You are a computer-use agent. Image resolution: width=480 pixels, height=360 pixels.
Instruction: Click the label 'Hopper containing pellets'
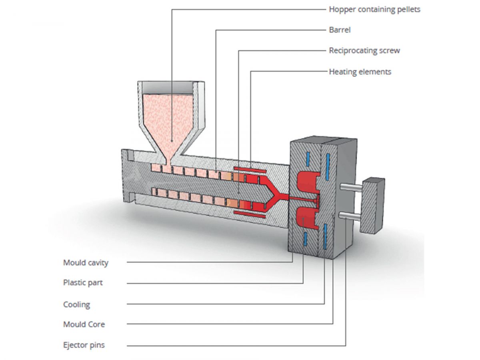point(374,10)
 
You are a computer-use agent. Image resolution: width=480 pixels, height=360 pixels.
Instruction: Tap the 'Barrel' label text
point(340,30)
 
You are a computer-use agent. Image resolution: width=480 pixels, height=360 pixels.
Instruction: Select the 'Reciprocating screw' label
point(364,50)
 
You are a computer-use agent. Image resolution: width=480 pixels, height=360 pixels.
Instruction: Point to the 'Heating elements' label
point(360,72)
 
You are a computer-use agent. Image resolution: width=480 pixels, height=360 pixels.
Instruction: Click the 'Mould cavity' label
point(86,263)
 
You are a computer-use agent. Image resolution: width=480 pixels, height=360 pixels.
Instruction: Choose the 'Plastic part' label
point(83,283)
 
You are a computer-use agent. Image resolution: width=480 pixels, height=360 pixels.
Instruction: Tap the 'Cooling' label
point(76,304)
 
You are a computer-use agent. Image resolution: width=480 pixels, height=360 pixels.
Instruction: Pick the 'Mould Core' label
point(84,324)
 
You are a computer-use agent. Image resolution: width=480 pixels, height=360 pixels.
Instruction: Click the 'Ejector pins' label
point(84,345)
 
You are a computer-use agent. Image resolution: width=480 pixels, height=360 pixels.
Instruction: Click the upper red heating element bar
point(250,170)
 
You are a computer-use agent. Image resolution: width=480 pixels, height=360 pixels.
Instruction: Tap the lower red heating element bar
point(250,214)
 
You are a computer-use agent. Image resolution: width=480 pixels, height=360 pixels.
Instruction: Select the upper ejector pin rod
point(351,187)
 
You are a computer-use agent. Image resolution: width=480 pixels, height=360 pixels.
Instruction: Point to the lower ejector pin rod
point(350,216)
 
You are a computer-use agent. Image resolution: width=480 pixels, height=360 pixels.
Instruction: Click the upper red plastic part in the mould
point(308,183)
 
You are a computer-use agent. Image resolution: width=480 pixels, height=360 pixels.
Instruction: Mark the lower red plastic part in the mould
point(307,218)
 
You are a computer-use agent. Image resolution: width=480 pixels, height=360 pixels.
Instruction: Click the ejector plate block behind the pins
point(372,206)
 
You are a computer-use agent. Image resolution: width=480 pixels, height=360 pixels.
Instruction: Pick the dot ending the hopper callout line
point(172,141)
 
